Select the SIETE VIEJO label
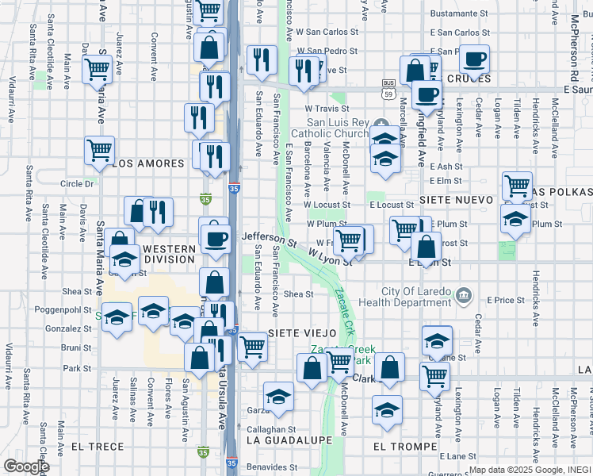[x=302, y=332]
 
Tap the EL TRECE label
[x=98, y=447]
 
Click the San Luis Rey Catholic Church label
[x=338, y=128]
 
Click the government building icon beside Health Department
[x=464, y=297]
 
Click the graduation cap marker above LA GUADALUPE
[x=278, y=397]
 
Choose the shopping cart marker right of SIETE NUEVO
[x=517, y=186]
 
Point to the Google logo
[x=25, y=466]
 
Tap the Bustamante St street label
[x=461, y=14]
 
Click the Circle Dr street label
[x=77, y=183]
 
